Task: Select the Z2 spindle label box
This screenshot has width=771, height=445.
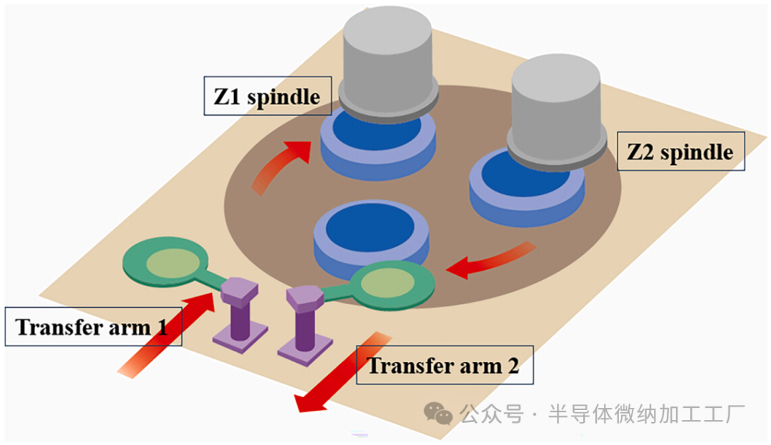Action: point(680,151)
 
